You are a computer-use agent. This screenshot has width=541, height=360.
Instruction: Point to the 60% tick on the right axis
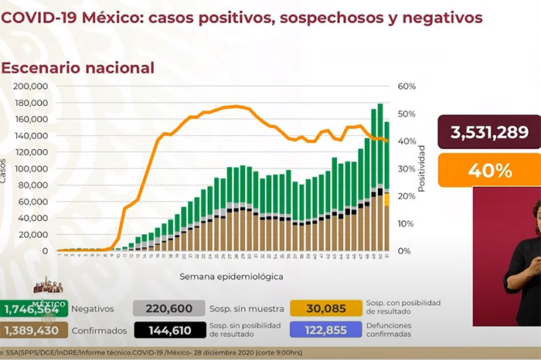tap(407, 87)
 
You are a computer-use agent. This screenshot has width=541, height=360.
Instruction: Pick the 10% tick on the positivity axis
tap(407, 223)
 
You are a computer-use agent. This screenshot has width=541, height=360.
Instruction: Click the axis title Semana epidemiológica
tap(220, 275)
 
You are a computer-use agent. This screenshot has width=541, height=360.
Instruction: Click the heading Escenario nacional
tap(78, 68)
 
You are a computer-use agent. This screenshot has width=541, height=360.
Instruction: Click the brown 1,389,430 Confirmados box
tap(34, 330)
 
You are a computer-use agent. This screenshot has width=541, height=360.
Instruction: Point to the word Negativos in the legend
tap(93, 308)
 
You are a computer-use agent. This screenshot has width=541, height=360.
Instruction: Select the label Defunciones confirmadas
tap(391, 330)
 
